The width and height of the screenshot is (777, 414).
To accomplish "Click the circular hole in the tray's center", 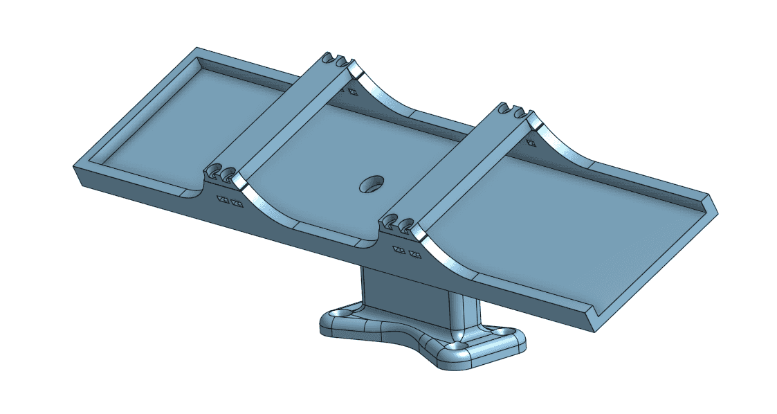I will [372, 183].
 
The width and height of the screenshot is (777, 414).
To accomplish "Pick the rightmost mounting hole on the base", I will [500, 332].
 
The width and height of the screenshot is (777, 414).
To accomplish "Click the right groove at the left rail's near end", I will [228, 174].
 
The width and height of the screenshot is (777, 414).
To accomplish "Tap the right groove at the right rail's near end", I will [406, 224].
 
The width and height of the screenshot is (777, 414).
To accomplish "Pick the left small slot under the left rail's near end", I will [223, 200].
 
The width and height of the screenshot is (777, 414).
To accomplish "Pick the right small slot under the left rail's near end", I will [237, 204].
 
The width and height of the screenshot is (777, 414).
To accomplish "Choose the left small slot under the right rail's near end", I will [399, 249].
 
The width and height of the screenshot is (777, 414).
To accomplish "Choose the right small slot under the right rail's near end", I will [414, 253].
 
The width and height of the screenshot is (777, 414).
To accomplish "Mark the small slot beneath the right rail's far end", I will [531, 143].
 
